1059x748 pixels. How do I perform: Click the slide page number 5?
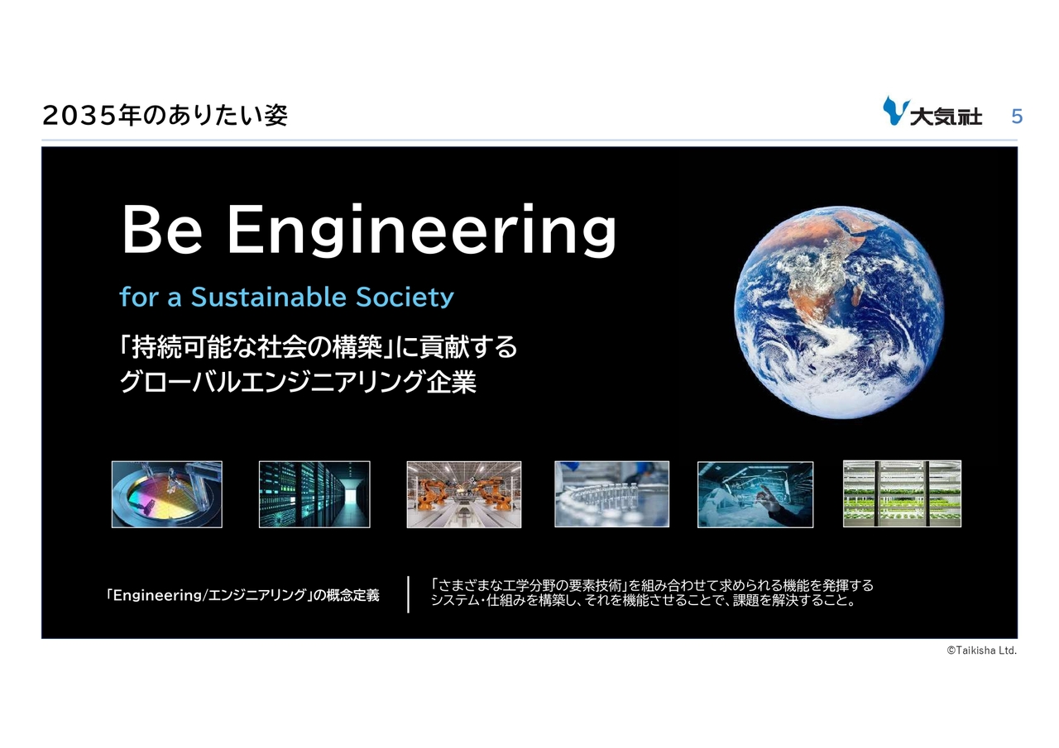coord(1017,117)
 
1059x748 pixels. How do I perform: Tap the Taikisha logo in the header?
coord(932,112)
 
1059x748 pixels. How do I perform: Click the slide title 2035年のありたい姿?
coord(165,116)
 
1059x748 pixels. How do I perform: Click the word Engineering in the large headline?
coord(422,231)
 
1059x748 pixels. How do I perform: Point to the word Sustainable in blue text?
coord(269,297)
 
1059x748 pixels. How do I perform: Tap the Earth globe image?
coord(839,312)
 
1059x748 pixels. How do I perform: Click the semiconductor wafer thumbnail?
coord(167,494)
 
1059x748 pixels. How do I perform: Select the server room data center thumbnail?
coord(314,494)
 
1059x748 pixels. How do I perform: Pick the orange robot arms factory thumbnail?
coord(464,494)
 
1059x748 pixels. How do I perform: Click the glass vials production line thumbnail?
coord(611,494)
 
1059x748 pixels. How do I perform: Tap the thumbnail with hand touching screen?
coord(755,494)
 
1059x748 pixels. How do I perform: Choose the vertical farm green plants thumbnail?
coord(902,493)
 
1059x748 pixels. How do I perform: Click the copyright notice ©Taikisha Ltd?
coord(981,650)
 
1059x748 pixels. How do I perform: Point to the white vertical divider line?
coord(408,594)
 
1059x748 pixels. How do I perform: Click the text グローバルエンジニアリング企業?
coord(298,382)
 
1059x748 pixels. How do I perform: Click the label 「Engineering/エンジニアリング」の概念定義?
coord(242,595)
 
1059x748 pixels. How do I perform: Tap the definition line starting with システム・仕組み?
coord(643,601)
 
